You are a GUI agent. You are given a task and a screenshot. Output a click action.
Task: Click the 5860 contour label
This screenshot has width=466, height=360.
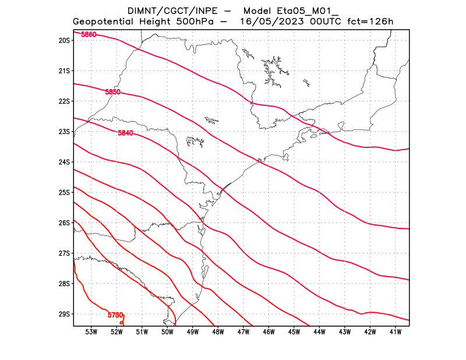(89, 35)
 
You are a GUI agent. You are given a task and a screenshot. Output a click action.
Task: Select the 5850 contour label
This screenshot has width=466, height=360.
(113, 92)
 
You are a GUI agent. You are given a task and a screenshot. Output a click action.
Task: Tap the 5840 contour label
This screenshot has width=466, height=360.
(125, 133)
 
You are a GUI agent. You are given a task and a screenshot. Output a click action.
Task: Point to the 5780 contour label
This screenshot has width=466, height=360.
(115, 315)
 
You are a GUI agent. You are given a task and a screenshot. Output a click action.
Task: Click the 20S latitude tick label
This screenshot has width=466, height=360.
(64, 41)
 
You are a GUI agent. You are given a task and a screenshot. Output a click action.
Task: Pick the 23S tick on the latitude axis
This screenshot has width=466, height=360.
(64, 132)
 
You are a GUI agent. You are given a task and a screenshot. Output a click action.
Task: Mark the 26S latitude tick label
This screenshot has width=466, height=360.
(64, 223)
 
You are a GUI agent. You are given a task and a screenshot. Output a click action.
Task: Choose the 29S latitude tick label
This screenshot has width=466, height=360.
(64, 314)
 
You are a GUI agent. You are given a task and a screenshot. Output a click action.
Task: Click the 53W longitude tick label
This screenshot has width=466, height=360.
(91, 332)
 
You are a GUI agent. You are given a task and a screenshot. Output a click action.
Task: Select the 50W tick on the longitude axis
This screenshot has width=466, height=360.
(167, 332)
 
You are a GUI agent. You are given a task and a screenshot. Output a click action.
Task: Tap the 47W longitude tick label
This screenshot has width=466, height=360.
(243, 332)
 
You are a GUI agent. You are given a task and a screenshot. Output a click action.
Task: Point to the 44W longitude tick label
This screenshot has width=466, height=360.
(319, 332)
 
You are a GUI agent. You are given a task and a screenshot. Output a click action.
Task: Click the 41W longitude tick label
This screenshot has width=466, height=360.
(396, 332)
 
